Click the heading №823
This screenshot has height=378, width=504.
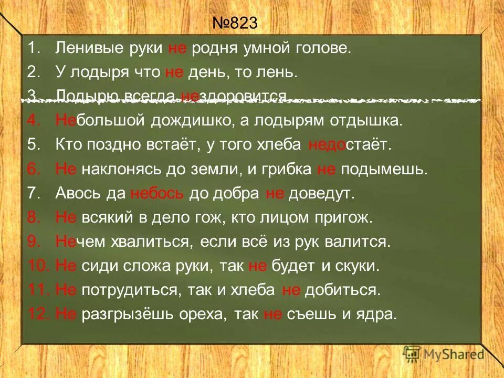pyautogui.click(x=236, y=24)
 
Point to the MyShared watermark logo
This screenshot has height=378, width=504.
pyautogui.click(x=443, y=354)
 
